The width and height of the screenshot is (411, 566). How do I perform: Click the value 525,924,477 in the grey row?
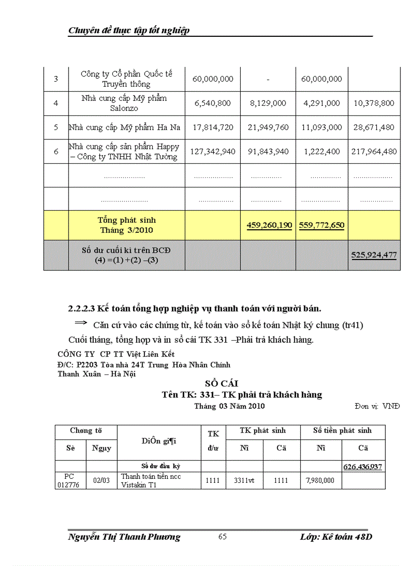pyautogui.click(x=374, y=255)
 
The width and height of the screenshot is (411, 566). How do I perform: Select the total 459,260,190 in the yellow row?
pyautogui.click(x=269, y=225)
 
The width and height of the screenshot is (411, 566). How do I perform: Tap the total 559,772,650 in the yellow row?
pyautogui.click(x=321, y=225)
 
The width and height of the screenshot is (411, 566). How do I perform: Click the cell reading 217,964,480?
pyautogui.click(x=374, y=151)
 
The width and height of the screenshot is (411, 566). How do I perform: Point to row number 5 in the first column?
pyautogui.click(x=56, y=128)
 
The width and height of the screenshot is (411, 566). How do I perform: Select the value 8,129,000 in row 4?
pyautogui.click(x=268, y=103)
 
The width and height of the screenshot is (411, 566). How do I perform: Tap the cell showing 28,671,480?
pyautogui.click(x=374, y=128)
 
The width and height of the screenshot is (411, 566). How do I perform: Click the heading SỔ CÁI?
pyautogui.click(x=215, y=384)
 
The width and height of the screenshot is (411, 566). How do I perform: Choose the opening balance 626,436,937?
pyautogui.click(x=363, y=467)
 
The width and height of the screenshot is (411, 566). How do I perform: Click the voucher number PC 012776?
pyautogui.click(x=70, y=481)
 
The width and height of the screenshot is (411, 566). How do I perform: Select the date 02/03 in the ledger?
pyautogui.click(x=101, y=481)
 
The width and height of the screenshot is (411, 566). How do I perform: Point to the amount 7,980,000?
pyautogui.click(x=320, y=481)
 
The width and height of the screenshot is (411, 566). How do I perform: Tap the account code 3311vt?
pyautogui.click(x=244, y=481)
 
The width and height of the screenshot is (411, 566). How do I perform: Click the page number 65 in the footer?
pyautogui.click(x=222, y=537)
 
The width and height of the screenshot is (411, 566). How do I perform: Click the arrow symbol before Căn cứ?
pyautogui.click(x=81, y=323)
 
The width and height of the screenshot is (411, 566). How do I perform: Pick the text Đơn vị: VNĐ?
pyautogui.click(x=377, y=406)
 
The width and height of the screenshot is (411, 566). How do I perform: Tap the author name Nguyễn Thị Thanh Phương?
pyautogui.click(x=124, y=537)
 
